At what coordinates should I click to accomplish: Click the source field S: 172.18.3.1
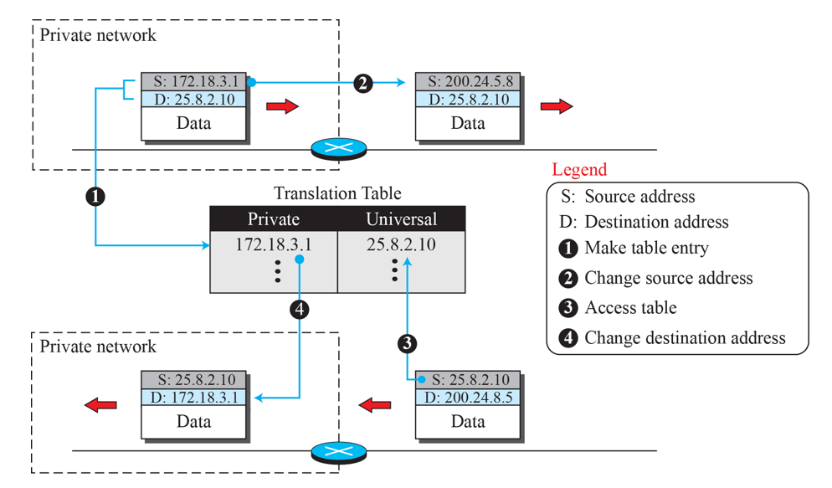click(193, 82)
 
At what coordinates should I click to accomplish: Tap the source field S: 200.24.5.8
click(468, 82)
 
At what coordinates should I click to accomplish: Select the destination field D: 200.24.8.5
click(468, 397)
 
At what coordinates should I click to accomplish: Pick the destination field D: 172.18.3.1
click(193, 397)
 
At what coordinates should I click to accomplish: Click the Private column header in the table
click(274, 219)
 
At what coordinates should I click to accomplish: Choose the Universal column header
click(402, 219)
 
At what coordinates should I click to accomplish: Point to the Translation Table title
click(337, 193)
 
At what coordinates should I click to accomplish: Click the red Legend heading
click(579, 170)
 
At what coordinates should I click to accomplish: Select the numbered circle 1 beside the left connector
click(95, 197)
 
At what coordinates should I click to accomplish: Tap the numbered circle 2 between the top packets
click(362, 83)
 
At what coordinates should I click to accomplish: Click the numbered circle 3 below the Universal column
click(407, 342)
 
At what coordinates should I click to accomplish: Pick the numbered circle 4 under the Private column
click(299, 310)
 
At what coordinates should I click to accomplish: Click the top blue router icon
click(339, 149)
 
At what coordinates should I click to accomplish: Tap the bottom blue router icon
click(339, 452)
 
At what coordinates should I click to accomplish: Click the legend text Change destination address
click(685, 338)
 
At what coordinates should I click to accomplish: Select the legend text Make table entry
click(646, 248)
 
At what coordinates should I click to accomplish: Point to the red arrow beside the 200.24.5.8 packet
click(557, 106)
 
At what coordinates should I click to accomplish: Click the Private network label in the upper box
click(98, 35)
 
